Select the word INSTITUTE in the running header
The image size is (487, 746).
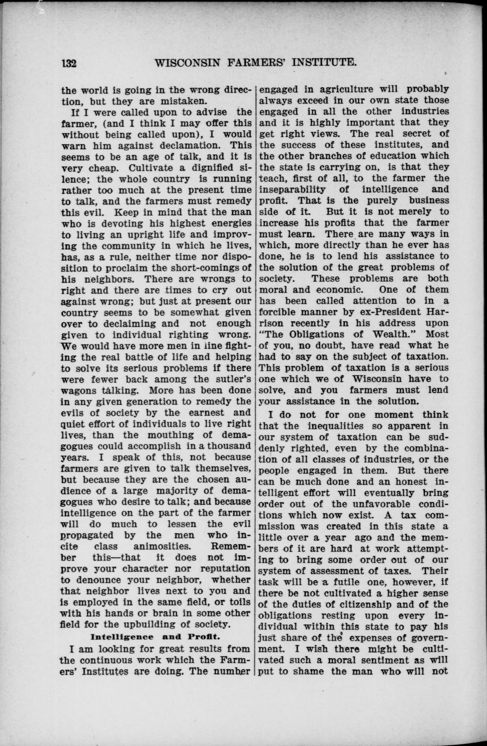(x=323, y=62)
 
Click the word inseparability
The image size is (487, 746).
(x=292, y=190)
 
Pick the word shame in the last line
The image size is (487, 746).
(x=308, y=671)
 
